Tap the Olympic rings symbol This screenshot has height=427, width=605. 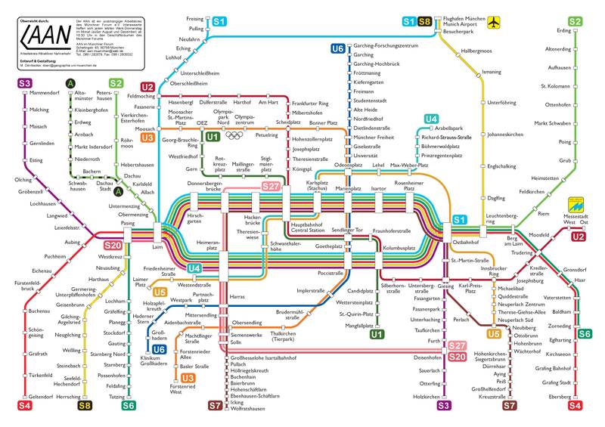click(x=235, y=136)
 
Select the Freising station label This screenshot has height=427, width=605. click(x=194, y=18)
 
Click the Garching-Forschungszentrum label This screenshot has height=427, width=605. click(x=386, y=46)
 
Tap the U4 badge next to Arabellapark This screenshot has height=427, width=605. click(x=431, y=119)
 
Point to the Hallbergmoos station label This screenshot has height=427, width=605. click(x=476, y=51)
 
